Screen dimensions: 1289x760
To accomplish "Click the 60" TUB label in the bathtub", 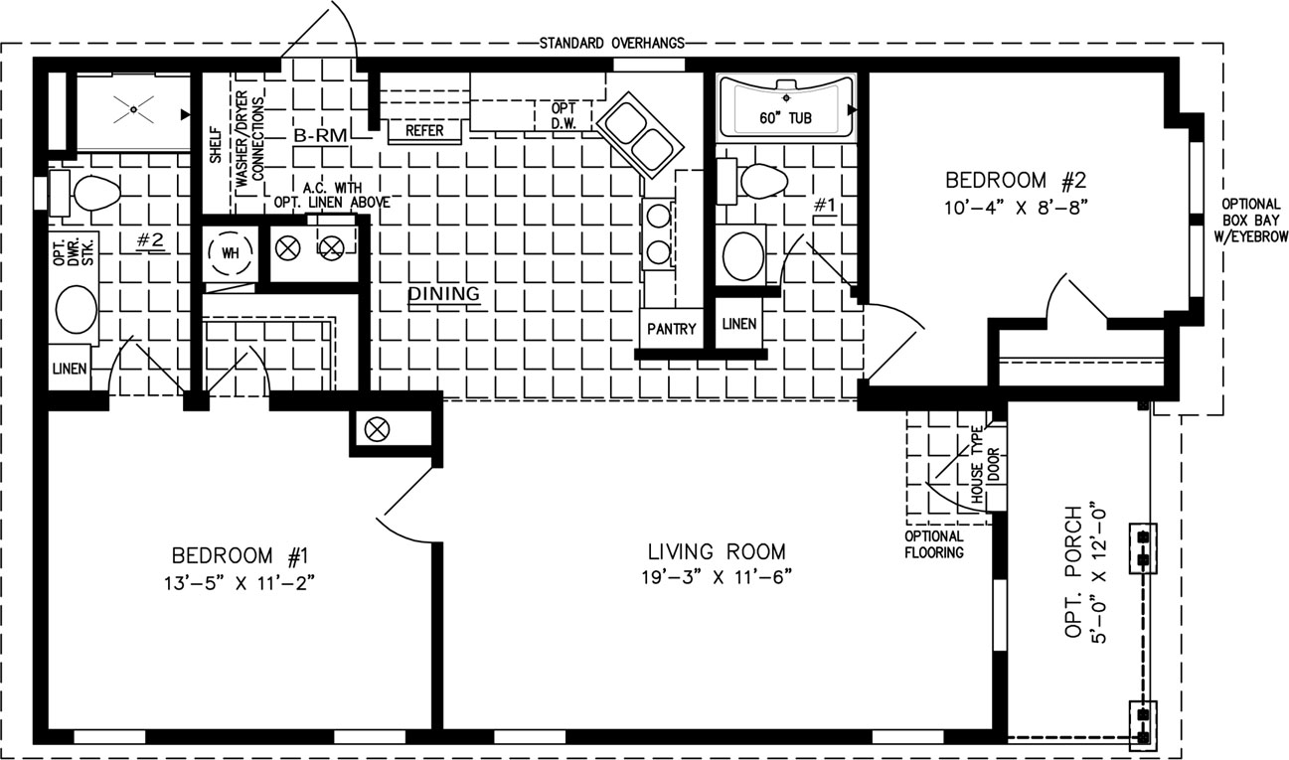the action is coord(785,118).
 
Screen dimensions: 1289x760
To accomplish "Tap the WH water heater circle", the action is coord(231,253).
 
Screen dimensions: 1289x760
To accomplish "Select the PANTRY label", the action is coord(672,329).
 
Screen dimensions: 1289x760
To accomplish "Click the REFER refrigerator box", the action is coord(424,131).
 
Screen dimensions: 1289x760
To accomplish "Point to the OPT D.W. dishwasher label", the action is coord(564,115).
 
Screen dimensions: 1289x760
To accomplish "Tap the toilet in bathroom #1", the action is coord(752,181).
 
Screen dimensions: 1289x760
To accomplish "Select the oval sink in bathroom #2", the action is coord(77,310).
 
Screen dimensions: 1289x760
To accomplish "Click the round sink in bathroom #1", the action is coord(743,256).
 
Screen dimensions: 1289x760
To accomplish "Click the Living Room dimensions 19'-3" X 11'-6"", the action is coord(717,576).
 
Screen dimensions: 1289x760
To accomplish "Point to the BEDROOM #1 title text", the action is coord(241,555).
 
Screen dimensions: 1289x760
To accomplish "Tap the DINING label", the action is coord(443,294).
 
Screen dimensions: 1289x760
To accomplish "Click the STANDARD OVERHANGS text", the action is coord(611,43).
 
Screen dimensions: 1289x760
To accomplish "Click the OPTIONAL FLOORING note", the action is coord(934,544).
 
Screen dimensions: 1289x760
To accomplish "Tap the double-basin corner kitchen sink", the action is coord(640,135).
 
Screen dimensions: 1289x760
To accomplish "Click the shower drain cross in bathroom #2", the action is coord(133,109).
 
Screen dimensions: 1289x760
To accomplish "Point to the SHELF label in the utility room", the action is coord(216,145).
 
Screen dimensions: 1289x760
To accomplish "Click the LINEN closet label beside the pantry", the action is coord(738,324).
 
